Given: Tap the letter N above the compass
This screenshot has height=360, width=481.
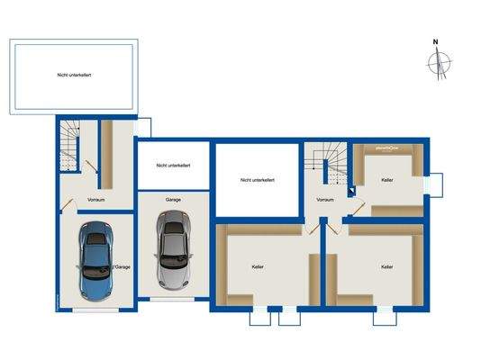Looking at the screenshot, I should click(x=435, y=41).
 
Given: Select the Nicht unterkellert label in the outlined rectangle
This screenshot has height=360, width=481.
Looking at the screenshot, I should click(x=73, y=76).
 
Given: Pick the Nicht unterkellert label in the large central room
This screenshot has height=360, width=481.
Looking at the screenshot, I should click(x=258, y=180).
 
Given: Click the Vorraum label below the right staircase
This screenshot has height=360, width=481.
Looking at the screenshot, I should click(x=325, y=200).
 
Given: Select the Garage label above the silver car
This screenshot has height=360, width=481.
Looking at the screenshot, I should click(x=173, y=199).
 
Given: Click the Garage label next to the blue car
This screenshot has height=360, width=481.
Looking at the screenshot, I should click(x=122, y=267).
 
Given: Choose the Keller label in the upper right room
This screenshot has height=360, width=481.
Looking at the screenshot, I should click(x=387, y=181).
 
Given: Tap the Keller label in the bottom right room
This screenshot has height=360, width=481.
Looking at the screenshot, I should click(x=387, y=267).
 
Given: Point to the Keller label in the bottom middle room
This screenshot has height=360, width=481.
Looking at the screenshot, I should click(x=259, y=267).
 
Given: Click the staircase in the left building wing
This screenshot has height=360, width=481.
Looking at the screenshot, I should click(x=69, y=147).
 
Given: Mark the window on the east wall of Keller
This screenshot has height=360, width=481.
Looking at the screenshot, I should click(x=436, y=184).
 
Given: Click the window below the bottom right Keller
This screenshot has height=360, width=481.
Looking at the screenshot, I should click(x=385, y=316).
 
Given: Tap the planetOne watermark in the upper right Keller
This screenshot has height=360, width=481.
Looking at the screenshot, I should click(x=388, y=148).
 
